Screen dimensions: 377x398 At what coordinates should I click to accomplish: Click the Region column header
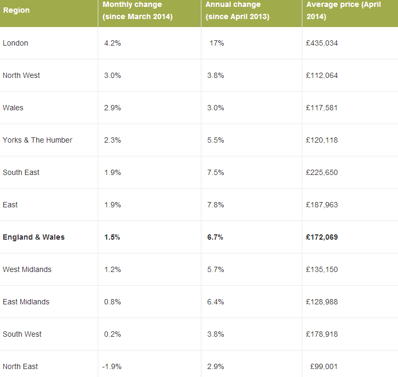[x=16, y=11]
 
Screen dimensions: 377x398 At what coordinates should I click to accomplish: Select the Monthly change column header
[x=138, y=11]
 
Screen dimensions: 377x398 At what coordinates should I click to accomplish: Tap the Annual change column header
[x=238, y=11]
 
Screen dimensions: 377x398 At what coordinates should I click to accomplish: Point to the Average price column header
[x=343, y=11]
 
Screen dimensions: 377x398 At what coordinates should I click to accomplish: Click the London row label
[x=15, y=43]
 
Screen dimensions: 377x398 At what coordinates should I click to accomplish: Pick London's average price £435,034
[x=322, y=43]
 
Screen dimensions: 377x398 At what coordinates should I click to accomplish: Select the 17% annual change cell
[x=217, y=43]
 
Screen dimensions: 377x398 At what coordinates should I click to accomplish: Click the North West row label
[x=21, y=75]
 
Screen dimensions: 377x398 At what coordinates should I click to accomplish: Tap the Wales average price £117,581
[x=321, y=108]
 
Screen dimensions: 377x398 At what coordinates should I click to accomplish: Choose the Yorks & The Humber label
[x=37, y=140]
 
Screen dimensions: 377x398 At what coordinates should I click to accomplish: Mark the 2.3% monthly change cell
[x=113, y=140]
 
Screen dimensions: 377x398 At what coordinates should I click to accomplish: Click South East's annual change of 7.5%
[x=215, y=172]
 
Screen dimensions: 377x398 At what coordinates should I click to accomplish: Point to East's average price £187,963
[x=321, y=205]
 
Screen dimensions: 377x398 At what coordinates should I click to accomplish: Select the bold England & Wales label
[x=33, y=237]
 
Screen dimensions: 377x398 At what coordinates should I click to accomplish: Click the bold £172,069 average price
[x=322, y=237]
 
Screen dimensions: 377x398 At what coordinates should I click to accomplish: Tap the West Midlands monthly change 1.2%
[x=113, y=269]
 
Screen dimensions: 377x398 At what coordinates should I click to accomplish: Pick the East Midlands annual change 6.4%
[x=215, y=302]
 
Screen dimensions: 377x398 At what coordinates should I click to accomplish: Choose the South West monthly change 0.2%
[x=113, y=334]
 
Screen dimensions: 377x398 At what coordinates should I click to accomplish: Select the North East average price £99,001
[x=324, y=366]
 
